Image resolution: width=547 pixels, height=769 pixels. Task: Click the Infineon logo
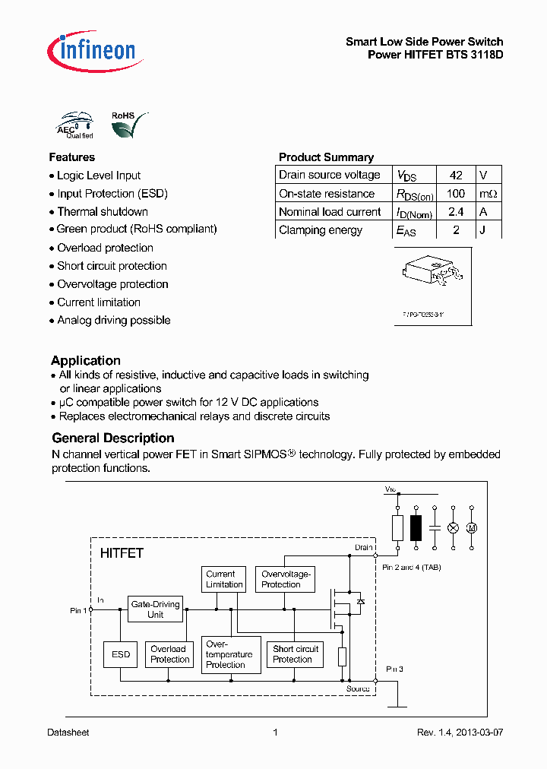point(92,50)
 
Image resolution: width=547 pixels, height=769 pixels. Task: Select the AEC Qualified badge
point(75,126)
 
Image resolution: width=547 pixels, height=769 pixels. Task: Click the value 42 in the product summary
point(456,175)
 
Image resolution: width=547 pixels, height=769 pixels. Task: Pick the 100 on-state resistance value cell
point(456,194)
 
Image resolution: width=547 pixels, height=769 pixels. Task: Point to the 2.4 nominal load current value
point(456,212)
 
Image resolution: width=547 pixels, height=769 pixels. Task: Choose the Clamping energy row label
point(321,230)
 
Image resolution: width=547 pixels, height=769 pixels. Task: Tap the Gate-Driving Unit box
point(156,609)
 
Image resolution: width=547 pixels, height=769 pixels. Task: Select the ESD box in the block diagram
point(121,654)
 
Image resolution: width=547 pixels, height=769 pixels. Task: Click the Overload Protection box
point(169,654)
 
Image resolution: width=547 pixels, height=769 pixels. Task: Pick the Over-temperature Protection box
point(229,654)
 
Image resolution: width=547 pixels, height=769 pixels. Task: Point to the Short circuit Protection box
point(295,654)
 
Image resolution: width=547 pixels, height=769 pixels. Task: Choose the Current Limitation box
point(224,579)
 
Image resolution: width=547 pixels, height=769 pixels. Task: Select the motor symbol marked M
point(471,527)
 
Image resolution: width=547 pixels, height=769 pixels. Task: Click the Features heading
point(72,157)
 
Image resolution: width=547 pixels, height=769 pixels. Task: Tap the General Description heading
point(113,438)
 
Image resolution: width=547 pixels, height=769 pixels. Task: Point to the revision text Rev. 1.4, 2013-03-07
point(460,733)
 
